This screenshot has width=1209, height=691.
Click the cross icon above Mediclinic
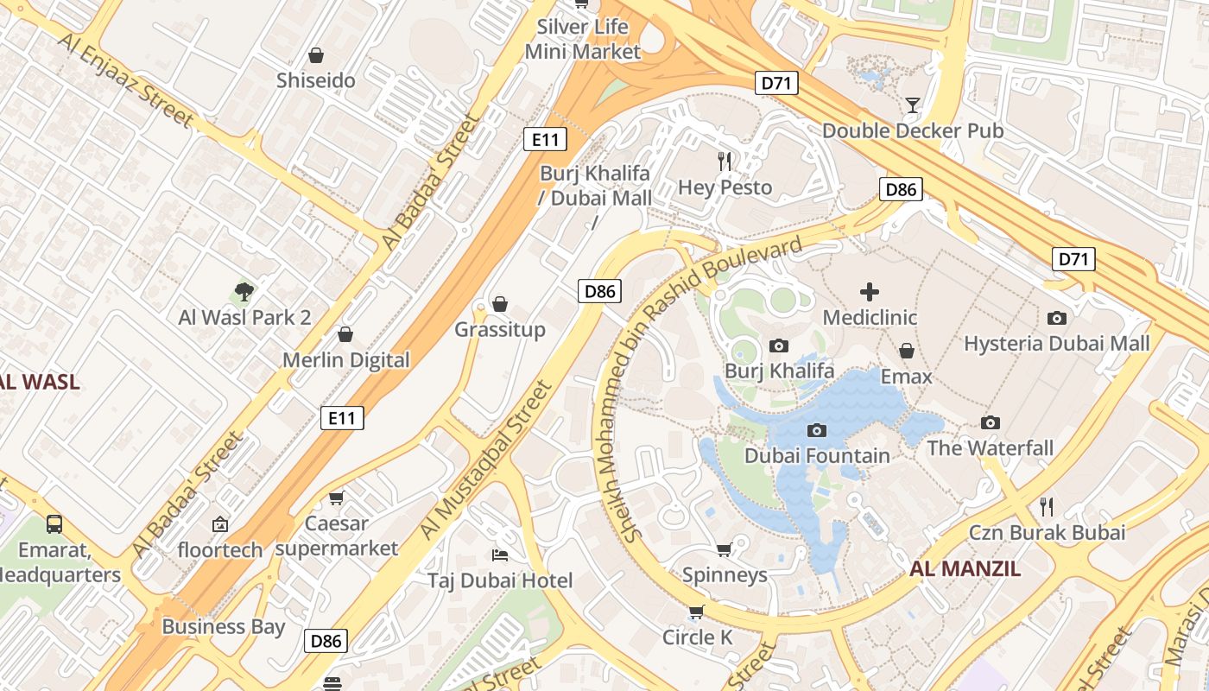coord(870,292)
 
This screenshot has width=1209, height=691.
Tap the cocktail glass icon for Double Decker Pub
coord(912,106)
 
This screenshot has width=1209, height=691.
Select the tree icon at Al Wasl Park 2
coord(244,292)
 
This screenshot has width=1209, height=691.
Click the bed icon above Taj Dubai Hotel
coord(499,555)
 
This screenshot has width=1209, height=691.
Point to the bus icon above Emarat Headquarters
coord(54,523)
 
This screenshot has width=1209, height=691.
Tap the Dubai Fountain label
coord(817,455)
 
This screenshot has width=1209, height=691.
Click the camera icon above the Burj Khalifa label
coord(779,346)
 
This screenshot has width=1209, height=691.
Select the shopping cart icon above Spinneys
coord(724,550)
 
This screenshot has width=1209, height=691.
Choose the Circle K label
coord(697,637)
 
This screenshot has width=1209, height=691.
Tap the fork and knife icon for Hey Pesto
coord(725,161)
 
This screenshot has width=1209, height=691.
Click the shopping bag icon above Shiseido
coord(316,55)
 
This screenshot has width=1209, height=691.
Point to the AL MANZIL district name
coord(965,568)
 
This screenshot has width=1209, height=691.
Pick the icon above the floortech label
coord(219,523)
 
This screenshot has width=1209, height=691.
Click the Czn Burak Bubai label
coord(1047,532)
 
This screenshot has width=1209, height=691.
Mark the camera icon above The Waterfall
coord(991,422)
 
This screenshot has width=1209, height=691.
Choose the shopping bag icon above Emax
coord(907,351)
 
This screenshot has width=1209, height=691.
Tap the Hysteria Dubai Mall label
coord(1056,344)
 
